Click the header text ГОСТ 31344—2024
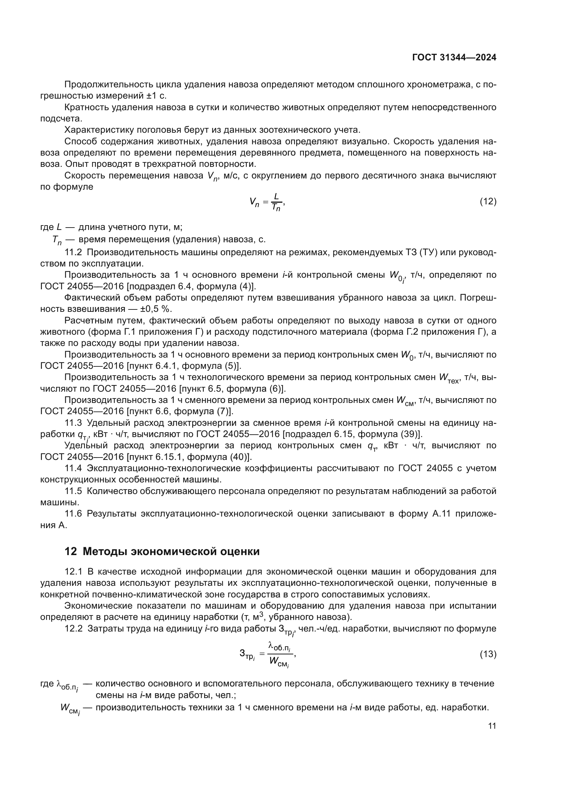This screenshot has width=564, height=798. pyautogui.click(x=454, y=57)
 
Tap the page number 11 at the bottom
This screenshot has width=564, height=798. pyautogui.click(x=492, y=726)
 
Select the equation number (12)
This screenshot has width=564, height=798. pyautogui.click(x=488, y=201)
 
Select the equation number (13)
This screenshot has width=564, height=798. pyautogui.click(x=488, y=654)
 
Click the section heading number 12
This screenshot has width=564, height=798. pyautogui.click(x=71, y=552)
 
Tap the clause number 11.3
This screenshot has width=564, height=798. pyautogui.click(x=73, y=423)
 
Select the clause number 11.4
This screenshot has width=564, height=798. pyautogui.click(x=73, y=468)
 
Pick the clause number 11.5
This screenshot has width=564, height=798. pyautogui.click(x=73, y=491)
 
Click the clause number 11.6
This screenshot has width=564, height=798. pyautogui.click(x=73, y=514)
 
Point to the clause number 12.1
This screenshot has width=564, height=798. pyautogui.click(x=73, y=572)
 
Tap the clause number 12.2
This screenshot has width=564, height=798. pyautogui.click(x=73, y=629)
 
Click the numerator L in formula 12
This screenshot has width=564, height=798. pyautogui.click(x=276, y=197)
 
